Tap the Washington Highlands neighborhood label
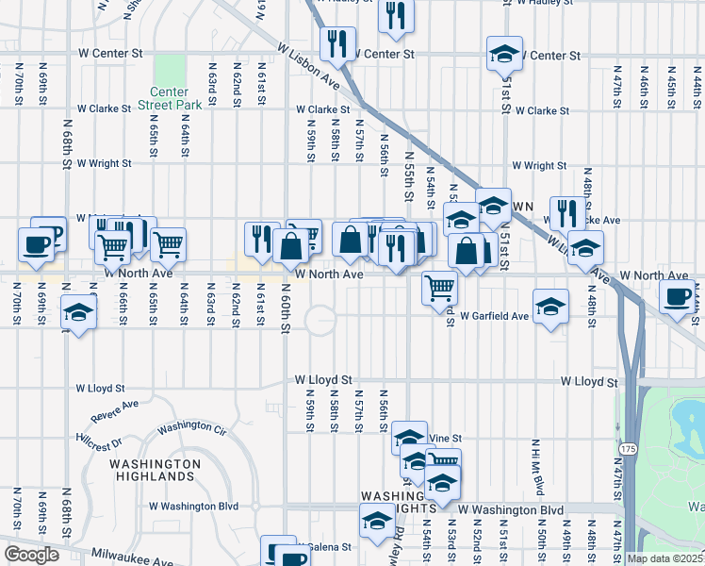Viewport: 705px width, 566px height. [x=155, y=471]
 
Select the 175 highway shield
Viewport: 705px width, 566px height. [x=629, y=443]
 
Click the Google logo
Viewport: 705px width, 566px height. [x=31, y=555]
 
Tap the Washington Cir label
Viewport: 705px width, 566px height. [x=192, y=427]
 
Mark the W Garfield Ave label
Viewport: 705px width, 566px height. [x=494, y=316]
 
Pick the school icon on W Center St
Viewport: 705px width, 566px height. [x=504, y=53]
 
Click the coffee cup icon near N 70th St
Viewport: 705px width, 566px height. [x=37, y=244]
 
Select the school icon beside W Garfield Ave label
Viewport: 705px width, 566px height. [x=550, y=306]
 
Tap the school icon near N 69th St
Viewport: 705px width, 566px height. [x=78, y=312]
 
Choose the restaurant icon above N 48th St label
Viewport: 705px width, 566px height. [x=567, y=213]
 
